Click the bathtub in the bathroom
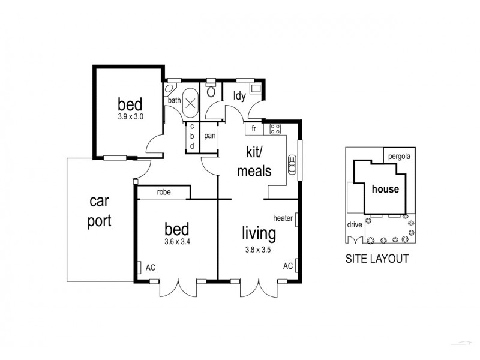pos(191,102)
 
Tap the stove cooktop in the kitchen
pos(275,128)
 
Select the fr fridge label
pos(254,128)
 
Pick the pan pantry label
pos(209,136)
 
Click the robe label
pos(164,193)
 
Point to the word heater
pos(282,218)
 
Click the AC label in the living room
pos(287,265)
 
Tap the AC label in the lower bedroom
pos(150,268)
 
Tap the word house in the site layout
pos(385,189)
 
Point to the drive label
pos(354,226)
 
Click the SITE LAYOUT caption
pos(377,259)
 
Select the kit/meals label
pos(254,163)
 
